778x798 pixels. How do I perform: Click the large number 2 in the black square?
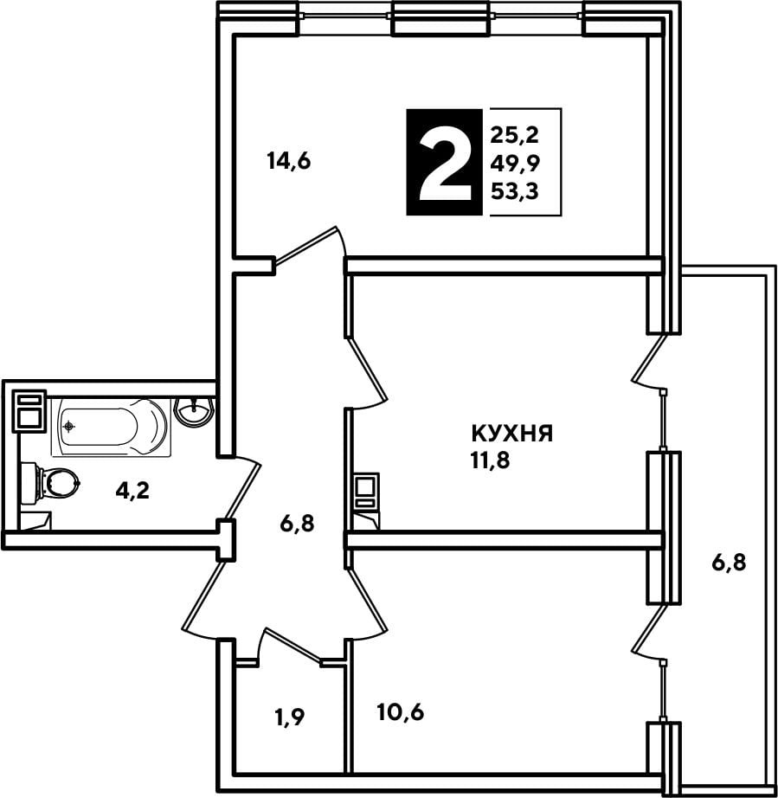444,163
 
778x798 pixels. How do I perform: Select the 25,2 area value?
514,135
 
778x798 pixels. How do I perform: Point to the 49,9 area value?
515,163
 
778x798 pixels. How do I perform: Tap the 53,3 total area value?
514,191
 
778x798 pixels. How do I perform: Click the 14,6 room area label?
289,161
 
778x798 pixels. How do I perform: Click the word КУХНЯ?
512,434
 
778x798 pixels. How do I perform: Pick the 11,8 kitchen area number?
491,460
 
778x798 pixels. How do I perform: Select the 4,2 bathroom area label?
132,491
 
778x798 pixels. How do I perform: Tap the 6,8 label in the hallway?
297,523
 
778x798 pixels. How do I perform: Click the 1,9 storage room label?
290,718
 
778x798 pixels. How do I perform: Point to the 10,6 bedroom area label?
401,712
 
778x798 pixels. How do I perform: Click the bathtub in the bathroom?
111,427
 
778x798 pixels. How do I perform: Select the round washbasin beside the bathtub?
193,411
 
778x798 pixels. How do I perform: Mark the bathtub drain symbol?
69,426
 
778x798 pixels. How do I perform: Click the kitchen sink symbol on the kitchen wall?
366,491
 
